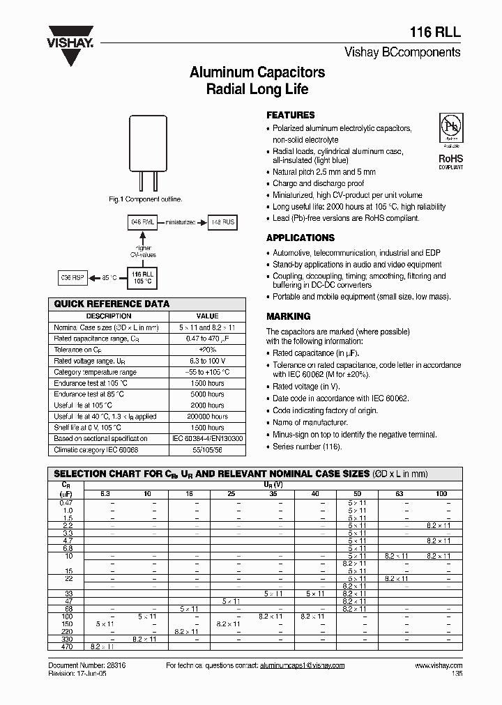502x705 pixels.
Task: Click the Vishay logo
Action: (x=70, y=42)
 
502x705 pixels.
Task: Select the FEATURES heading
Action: (x=291, y=115)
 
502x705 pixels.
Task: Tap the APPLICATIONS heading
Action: (x=301, y=238)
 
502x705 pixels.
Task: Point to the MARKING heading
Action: (x=288, y=316)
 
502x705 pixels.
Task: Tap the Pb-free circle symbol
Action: (x=450, y=129)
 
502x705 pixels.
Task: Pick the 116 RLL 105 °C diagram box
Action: (x=142, y=278)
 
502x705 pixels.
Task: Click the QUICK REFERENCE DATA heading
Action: (x=112, y=304)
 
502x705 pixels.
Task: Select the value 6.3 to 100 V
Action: (x=207, y=361)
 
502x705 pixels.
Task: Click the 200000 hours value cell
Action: (x=207, y=417)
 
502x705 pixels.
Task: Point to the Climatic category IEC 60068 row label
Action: (x=96, y=450)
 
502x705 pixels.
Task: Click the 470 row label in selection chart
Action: (x=66, y=647)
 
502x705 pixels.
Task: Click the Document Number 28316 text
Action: (x=86, y=665)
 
